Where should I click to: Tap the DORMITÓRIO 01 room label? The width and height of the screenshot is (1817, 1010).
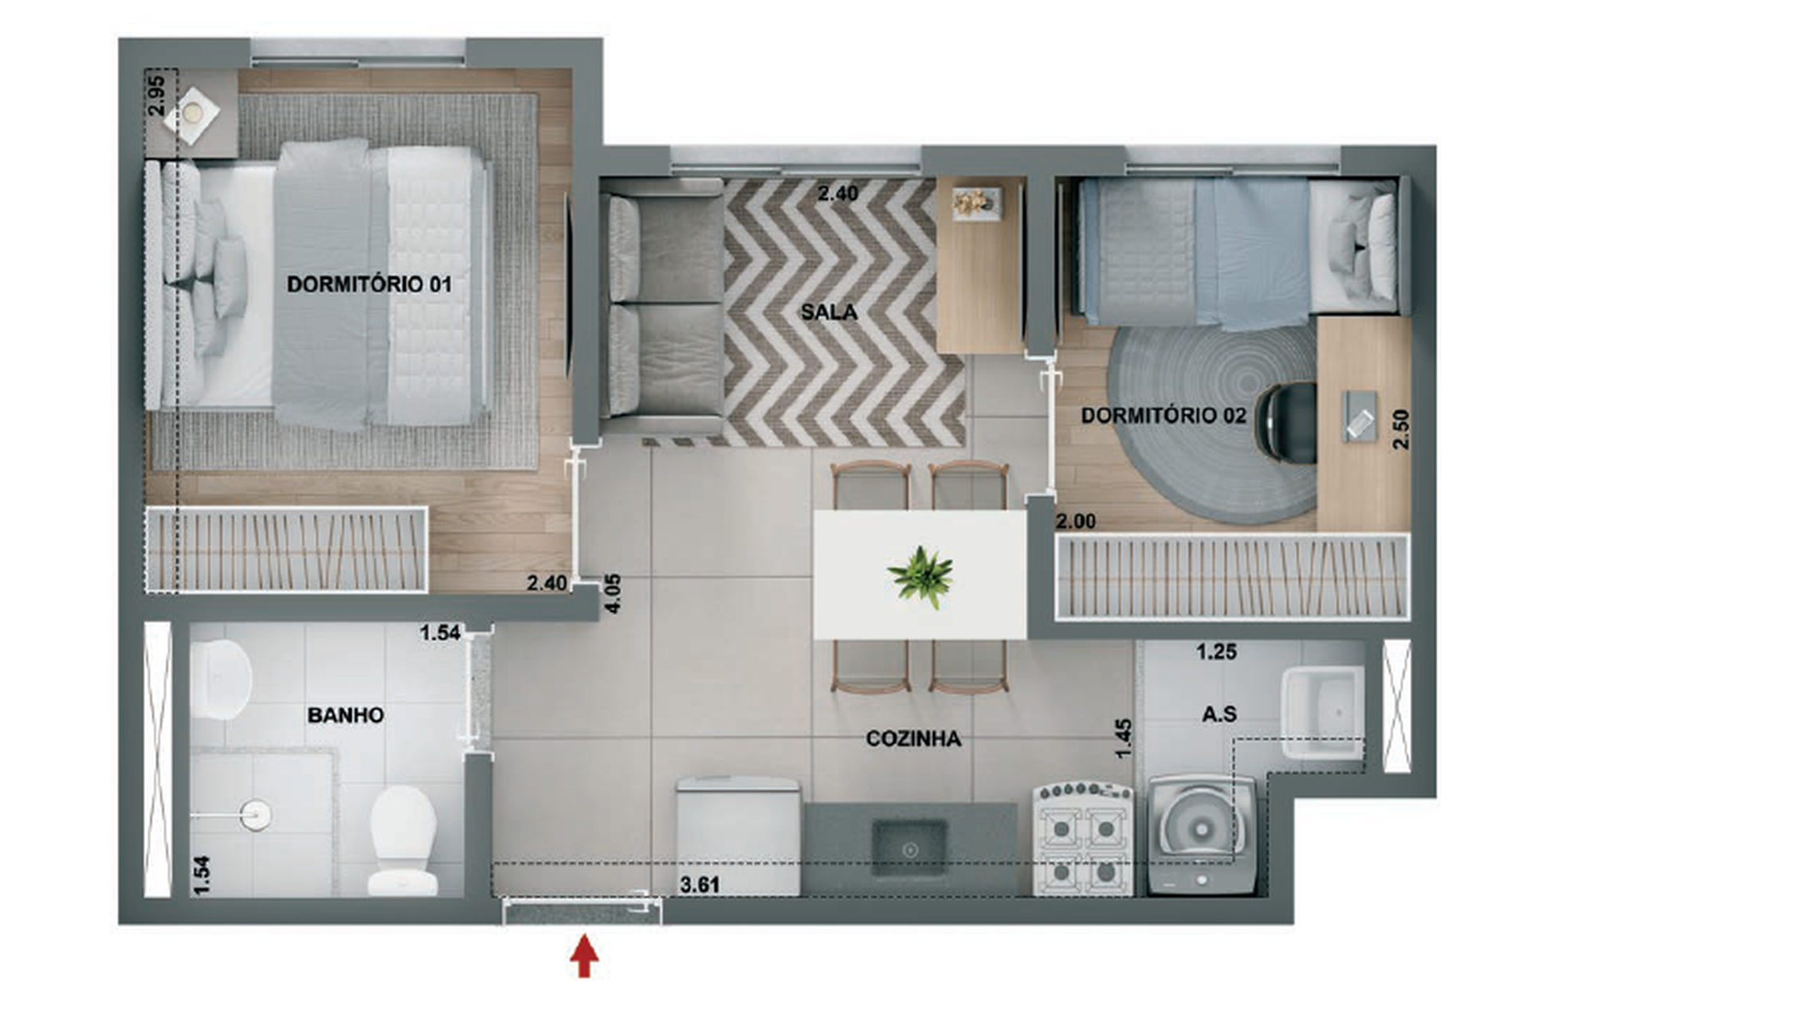pyautogui.click(x=369, y=284)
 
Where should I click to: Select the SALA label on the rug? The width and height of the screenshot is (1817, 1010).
pyautogui.click(x=829, y=312)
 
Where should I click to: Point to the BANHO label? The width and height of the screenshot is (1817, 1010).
pyautogui.click(x=345, y=715)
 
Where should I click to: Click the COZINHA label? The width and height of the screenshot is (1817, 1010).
pyautogui.click(x=913, y=739)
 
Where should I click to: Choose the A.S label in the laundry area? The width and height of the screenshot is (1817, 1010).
pyautogui.click(x=1219, y=714)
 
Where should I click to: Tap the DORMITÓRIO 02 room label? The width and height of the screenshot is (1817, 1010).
pyautogui.click(x=1163, y=415)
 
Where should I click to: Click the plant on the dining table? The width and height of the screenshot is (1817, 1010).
pyautogui.click(x=921, y=575)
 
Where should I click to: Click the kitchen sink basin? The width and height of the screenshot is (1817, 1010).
pyautogui.click(x=909, y=848)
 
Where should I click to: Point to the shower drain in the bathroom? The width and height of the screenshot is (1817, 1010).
pyautogui.click(x=256, y=814)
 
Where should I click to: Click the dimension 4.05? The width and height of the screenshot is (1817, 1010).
pyautogui.click(x=613, y=593)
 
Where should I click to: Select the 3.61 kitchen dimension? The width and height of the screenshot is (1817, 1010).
pyautogui.click(x=700, y=884)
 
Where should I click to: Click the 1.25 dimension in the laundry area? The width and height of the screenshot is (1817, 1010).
pyautogui.click(x=1216, y=652)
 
